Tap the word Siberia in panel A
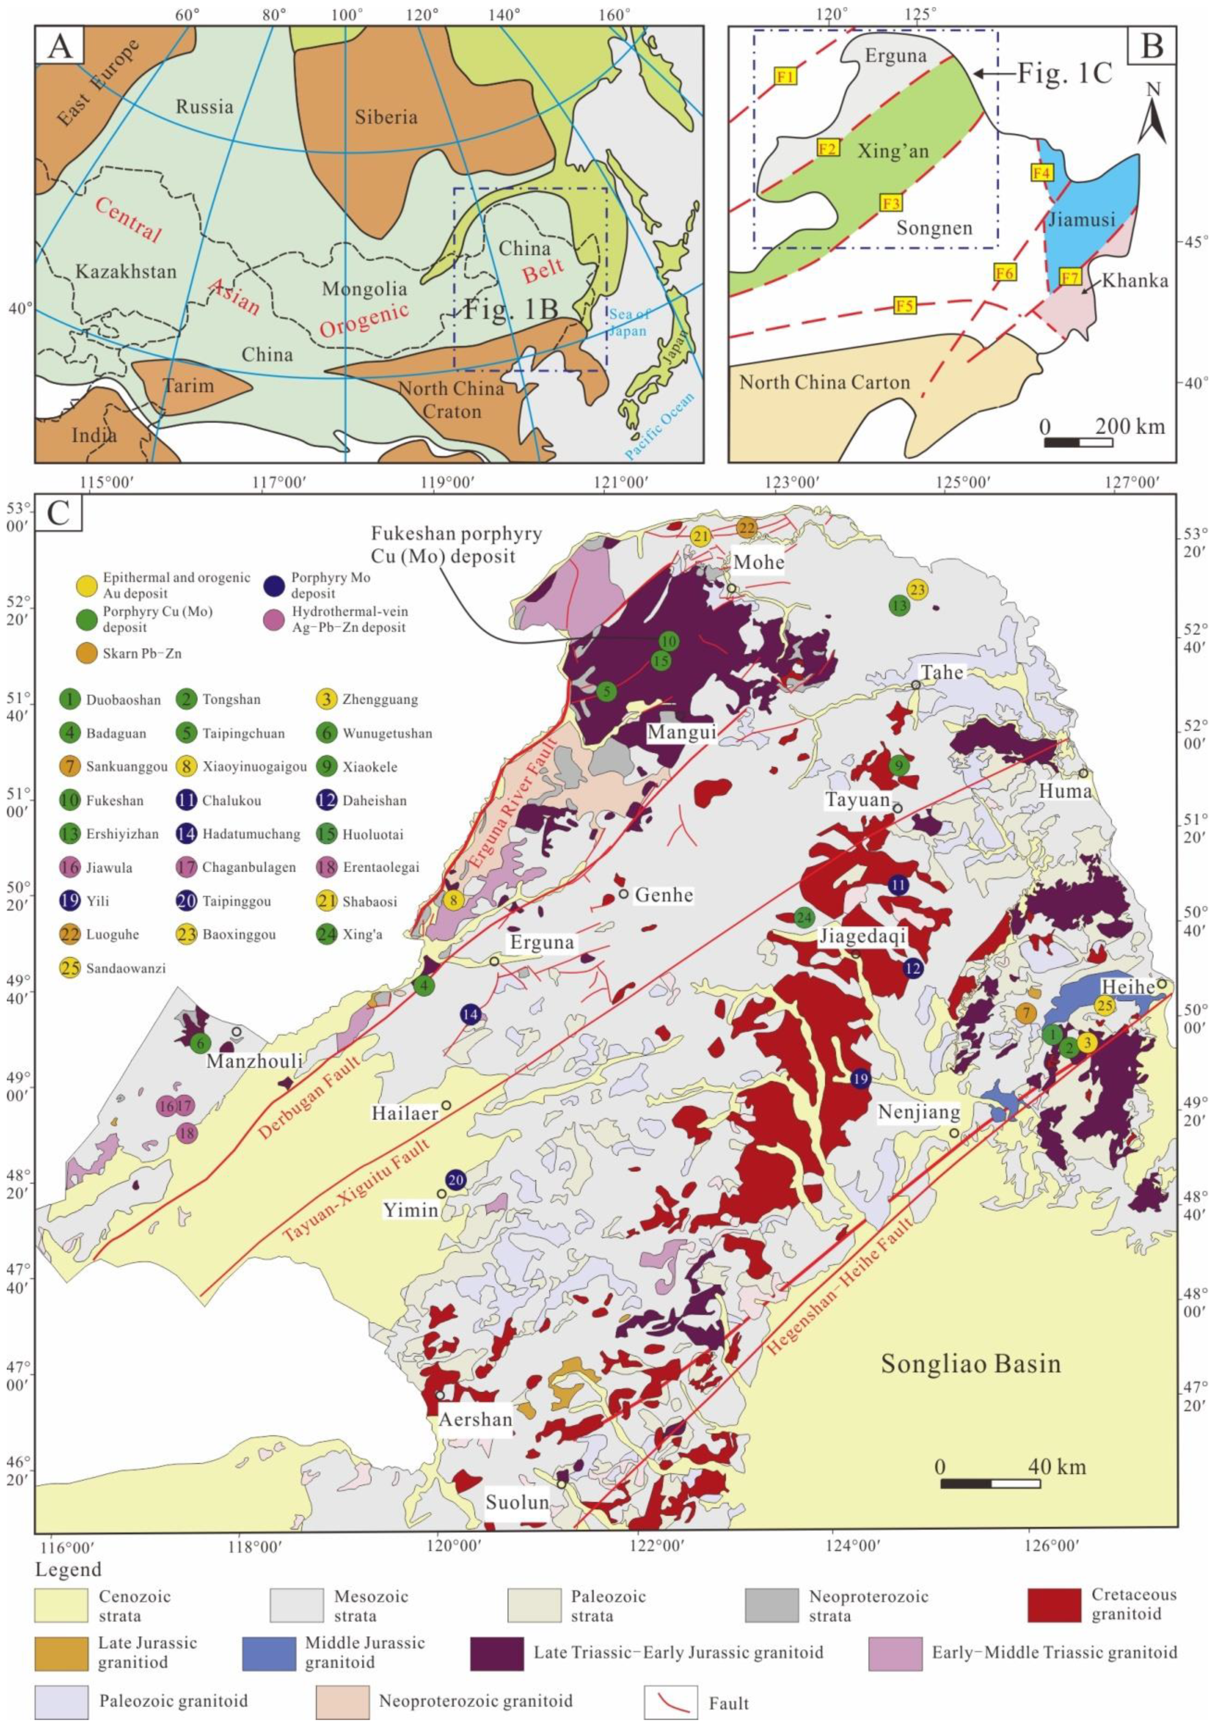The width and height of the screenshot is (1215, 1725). coord(386,117)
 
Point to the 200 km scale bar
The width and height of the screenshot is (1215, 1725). coord(1078,442)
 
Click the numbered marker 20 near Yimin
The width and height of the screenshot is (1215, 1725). coord(455,1180)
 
